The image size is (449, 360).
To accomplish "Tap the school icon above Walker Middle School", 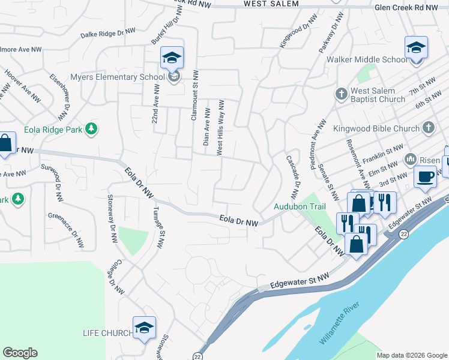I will click(x=416, y=47).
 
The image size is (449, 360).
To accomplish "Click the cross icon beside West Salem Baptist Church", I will click(x=341, y=94).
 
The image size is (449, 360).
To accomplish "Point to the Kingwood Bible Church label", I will click(x=381, y=128).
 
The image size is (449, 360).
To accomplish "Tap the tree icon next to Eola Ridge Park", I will click(x=91, y=128).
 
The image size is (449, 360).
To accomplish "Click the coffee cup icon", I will click(x=426, y=176).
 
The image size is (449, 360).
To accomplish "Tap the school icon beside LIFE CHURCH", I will click(x=144, y=328).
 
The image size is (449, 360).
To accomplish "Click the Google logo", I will click(x=20, y=353).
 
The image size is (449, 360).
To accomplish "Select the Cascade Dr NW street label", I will click(x=292, y=177).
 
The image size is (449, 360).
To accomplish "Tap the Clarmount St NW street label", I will click(x=194, y=96).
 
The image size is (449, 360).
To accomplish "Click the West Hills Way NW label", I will click(x=220, y=128).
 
